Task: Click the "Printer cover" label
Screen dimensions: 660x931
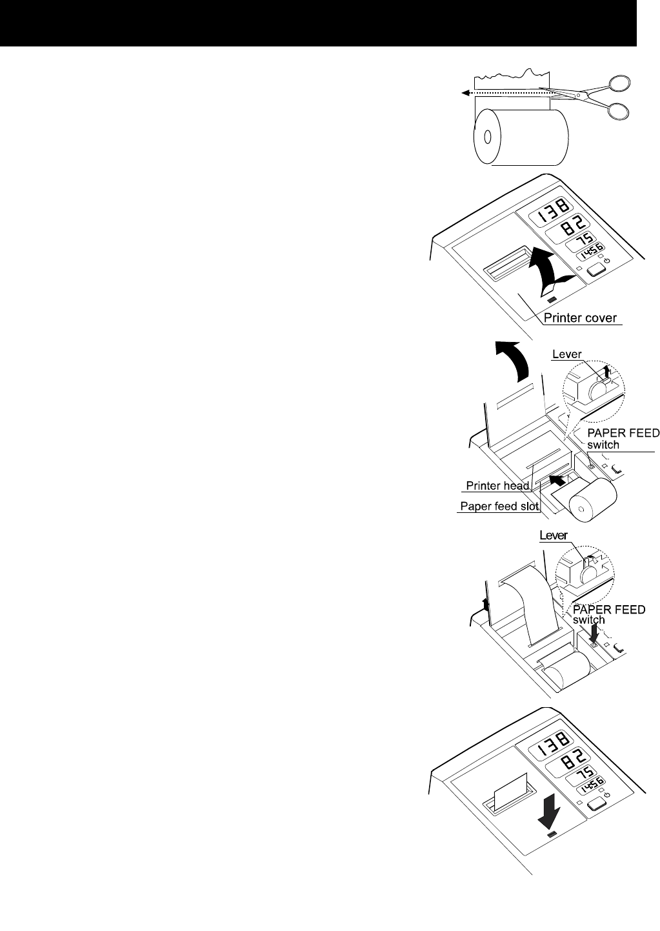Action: pyautogui.click(x=581, y=317)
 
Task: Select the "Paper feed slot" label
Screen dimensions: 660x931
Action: pyautogui.click(x=499, y=506)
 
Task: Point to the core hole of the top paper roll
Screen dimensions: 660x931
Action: pyautogui.click(x=487, y=137)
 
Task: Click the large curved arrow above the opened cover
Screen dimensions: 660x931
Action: pyautogui.click(x=514, y=361)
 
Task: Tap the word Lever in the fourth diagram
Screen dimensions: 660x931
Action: pyautogui.click(x=553, y=536)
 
